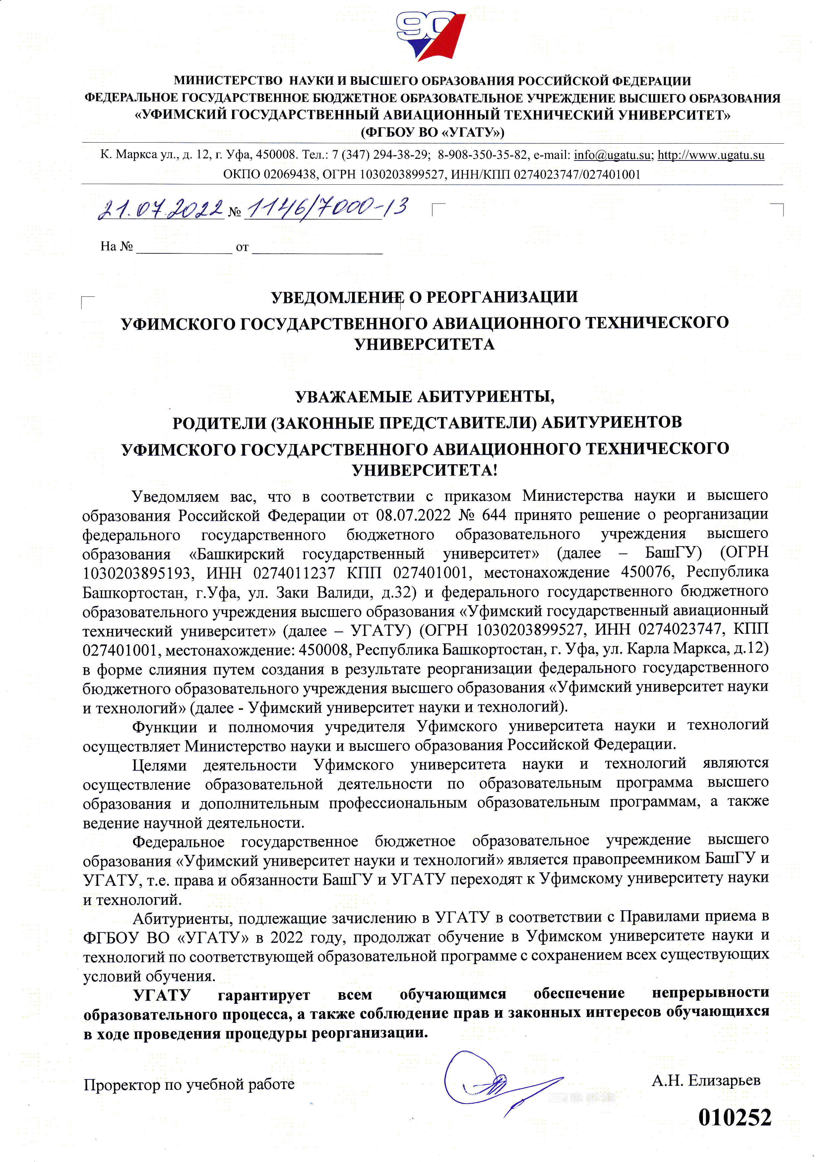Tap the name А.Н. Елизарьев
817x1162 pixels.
click(706, 1080)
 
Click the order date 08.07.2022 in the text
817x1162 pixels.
click(413, 515)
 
